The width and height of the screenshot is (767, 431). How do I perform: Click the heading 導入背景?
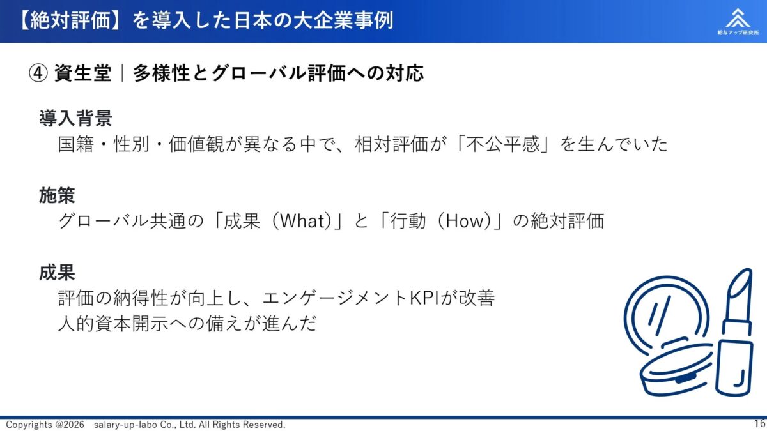pyautogui.click(x=75, y=118)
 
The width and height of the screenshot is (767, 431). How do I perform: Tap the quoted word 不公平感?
pyautogui.click(x=497, y=144)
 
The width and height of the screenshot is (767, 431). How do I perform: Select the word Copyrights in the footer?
pyautogui.click(x=28, y=425)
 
